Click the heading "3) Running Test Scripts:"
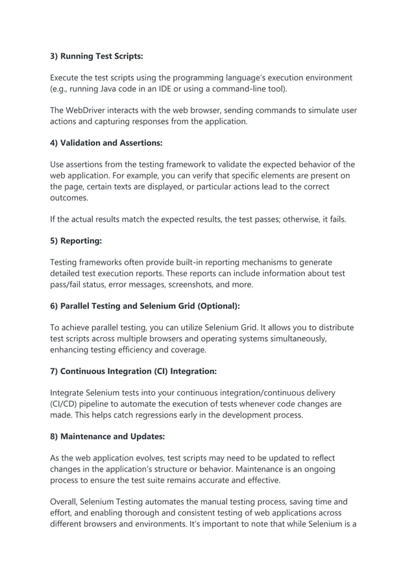(97, 56)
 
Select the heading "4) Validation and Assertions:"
(106, 142)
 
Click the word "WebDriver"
(90, 110)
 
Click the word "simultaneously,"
(294, 339)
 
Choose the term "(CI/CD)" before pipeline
(67, 403)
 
